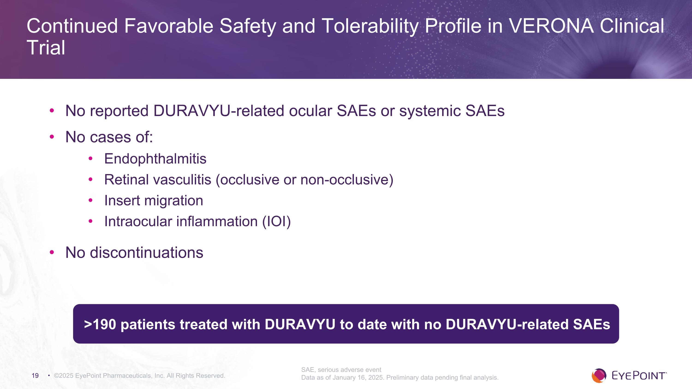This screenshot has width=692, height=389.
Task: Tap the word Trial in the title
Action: [46, 48]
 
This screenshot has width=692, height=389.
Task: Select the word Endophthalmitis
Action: [155, 158]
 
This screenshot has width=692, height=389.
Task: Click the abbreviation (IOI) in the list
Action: [276, 222]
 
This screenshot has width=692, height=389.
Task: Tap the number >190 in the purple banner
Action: [100, 324]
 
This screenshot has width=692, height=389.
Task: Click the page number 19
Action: [35, 376]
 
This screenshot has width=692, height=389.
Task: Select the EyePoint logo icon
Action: [599, 376]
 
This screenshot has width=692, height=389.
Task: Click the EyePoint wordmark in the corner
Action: [639, 376]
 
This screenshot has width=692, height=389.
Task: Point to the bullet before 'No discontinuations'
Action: [52, 252]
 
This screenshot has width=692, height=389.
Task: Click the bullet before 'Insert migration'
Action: [90, 200]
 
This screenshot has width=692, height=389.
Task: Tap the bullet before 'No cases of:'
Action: [52, 137]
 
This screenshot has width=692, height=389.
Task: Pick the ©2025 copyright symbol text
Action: [64, 376]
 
